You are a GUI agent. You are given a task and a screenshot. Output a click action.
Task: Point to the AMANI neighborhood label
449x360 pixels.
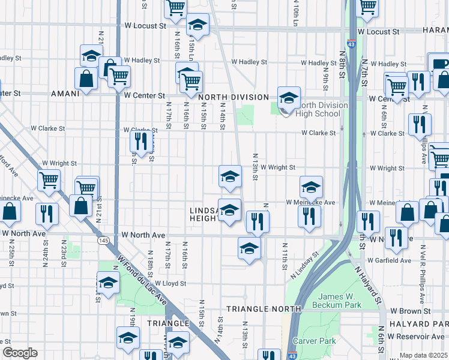[65, 94]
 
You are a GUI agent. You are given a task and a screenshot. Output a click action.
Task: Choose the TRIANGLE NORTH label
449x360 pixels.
[264, 308]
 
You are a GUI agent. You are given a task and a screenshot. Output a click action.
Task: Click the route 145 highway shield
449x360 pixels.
[103, 240]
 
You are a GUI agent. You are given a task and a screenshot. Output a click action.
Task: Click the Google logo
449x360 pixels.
[20, 353]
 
